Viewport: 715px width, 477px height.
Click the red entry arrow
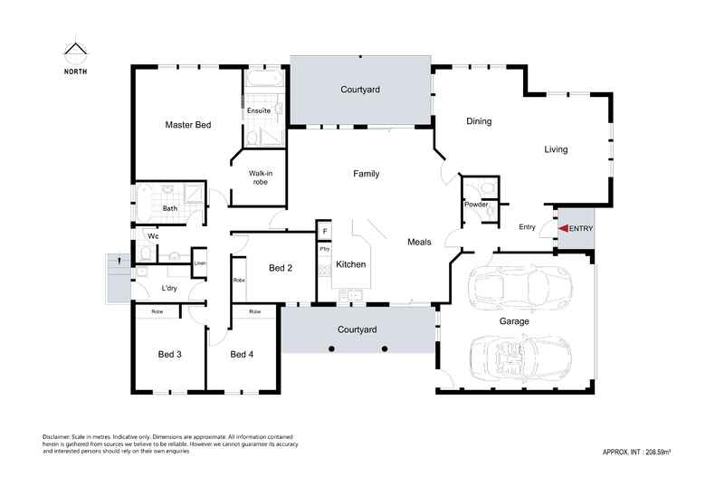562,229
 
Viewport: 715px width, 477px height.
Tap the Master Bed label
187,124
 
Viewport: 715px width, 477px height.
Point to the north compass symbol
75,52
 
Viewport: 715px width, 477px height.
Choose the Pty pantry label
324,247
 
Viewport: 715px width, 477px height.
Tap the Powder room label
476,205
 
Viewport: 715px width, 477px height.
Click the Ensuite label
260,110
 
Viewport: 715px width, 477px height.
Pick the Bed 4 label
242,354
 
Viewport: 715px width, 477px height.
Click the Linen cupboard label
200,263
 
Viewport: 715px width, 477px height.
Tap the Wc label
154,236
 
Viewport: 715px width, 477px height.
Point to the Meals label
419,242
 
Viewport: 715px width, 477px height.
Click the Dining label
479,121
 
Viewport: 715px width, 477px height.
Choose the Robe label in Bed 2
239,281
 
